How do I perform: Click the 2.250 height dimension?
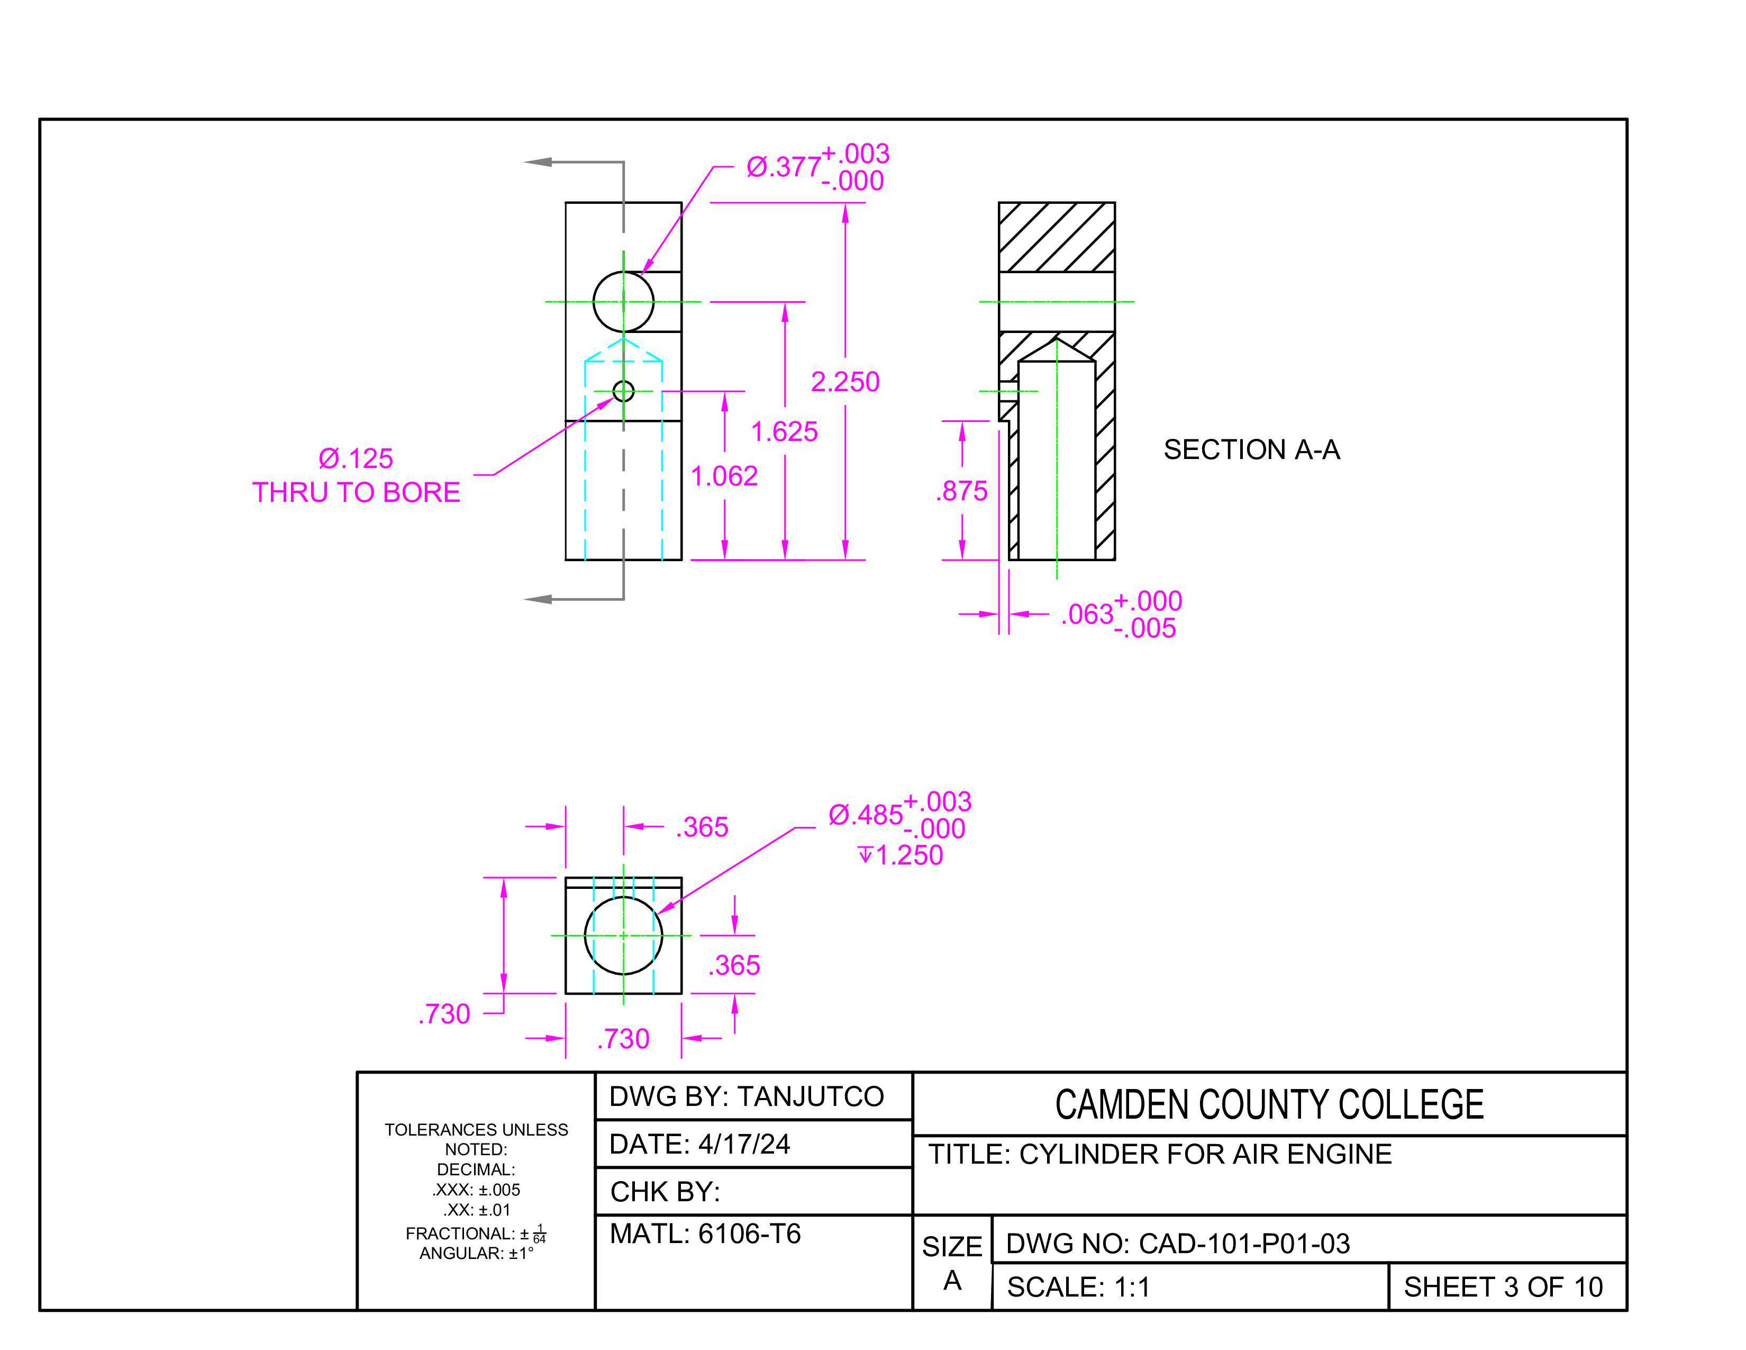pos(845,382)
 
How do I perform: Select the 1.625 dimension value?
pos(784,432)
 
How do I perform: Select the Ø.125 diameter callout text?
pos(356,458)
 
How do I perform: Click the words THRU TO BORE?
pos(356,492)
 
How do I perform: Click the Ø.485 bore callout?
pos(899,815)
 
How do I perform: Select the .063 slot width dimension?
pos(1121,614)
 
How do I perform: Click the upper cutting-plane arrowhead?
pos(537,161)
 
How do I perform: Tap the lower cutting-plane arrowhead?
pos(537,599)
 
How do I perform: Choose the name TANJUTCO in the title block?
pos(810,1096)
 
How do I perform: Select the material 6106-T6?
pos(749,1234)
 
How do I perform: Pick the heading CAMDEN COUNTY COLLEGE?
pos(1269,1104)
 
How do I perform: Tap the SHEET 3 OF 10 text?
pos(1503,1287)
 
